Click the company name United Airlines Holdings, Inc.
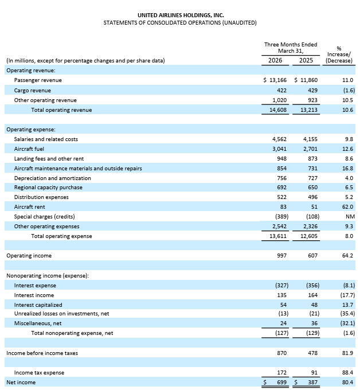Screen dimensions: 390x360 [180, 15]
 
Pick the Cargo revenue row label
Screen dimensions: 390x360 [32, 90]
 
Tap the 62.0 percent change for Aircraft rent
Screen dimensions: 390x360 [347, 206]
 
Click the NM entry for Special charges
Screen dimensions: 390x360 [349, 216]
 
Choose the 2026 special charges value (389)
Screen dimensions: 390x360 [279, 216]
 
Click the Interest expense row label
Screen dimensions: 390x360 [35, 285]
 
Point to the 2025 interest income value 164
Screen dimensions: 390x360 [311, 295]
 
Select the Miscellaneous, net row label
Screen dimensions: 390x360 [38, 323]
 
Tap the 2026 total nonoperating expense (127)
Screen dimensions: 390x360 [279, 333]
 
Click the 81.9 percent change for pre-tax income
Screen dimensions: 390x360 [347, 353]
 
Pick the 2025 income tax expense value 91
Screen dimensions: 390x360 [313, 372]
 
